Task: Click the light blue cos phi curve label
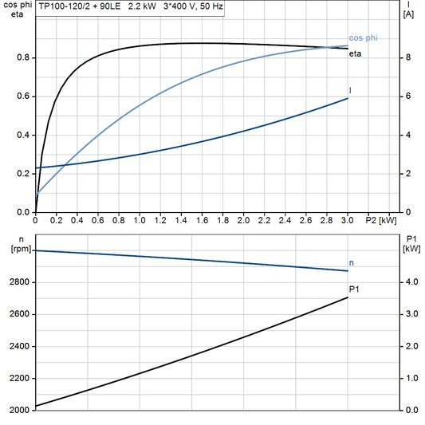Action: (364, 38)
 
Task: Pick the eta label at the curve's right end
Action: (356, 53)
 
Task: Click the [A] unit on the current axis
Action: (408, 14)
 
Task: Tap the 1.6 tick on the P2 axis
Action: (202, 220)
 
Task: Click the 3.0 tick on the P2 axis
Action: (348, 220)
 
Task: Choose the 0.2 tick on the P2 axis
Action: (57, 220)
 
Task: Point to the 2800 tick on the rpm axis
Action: (19, 282)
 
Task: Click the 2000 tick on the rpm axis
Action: (19, 410)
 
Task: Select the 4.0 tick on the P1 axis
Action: (409, 282)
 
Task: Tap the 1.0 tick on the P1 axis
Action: (409, 378)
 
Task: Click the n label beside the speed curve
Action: (352, 262)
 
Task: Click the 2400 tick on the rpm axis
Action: (19, 346)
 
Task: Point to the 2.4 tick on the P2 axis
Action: (285, 220)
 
